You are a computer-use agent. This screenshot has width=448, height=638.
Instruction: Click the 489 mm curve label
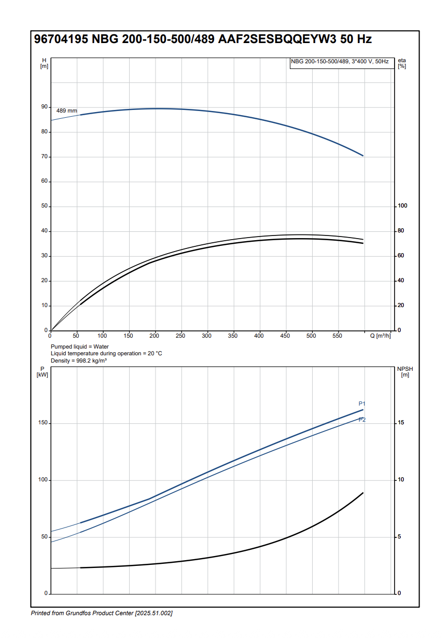coord(66,111)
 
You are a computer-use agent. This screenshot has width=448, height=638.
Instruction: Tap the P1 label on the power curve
coord(362,404)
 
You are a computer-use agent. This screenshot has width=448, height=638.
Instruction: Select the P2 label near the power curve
coord(362,420)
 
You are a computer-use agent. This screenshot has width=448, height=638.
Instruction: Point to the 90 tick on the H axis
coord(45,107)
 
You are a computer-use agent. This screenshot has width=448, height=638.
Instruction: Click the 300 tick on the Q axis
coord(207,336)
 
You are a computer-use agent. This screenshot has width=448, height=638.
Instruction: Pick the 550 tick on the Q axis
coord(337,336)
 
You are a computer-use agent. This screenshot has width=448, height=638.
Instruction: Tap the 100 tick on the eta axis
coord(402,206)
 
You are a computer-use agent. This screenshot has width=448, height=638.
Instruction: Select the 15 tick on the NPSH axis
coord(401,423)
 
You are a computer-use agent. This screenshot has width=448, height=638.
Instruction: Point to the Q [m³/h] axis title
coord(380,336)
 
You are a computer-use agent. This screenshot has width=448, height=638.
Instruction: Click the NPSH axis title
coord(405,371)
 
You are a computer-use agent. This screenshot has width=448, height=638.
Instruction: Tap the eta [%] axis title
coord(402,63)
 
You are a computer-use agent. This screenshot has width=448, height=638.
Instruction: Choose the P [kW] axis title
coord(43,372)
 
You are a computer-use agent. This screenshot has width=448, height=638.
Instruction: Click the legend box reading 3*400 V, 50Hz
coord(340,62)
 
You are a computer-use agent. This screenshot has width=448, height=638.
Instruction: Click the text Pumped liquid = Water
coord(80,346)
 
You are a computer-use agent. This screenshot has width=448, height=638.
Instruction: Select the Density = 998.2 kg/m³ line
coord(79,360)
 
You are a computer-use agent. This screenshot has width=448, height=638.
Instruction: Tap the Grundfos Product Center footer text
coord(102,614)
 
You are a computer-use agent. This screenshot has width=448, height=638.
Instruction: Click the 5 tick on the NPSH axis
coord(399,537)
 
